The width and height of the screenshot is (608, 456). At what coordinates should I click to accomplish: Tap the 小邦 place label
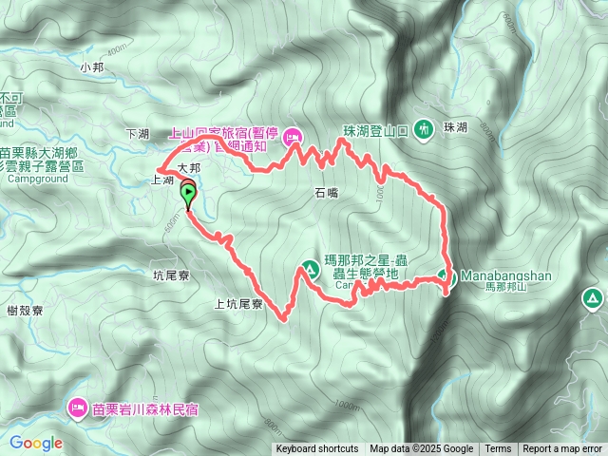(92, 67)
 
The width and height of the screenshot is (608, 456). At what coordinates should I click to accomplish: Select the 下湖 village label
(137, 133)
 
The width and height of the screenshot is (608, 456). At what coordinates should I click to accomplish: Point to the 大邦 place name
(190, 167)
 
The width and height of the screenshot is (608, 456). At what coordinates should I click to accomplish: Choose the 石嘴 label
(327, 192)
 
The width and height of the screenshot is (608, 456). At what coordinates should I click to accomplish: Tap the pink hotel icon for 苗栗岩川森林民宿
(76, 409)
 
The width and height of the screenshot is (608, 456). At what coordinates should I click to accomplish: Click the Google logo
(36, 443)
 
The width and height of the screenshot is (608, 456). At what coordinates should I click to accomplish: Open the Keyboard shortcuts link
(317, 449)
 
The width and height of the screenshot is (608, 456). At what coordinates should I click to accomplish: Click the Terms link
(498, 449)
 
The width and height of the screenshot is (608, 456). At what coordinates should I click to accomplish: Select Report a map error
(562, 449)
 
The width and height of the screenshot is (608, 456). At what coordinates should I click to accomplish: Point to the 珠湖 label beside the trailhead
(454, 127)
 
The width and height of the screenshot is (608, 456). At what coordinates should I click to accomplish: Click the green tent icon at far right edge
(593, 301)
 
